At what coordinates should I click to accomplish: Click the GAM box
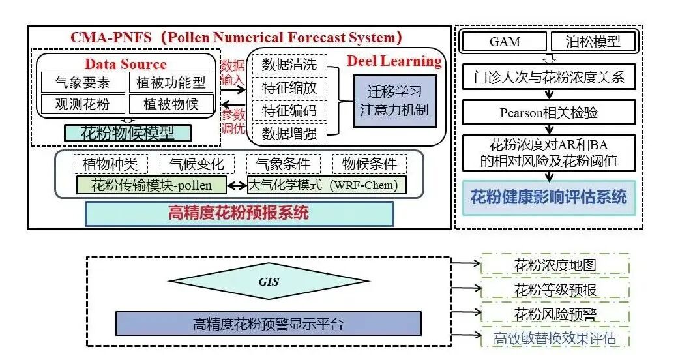[x=505, y=42]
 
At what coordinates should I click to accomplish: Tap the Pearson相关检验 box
[x=548, y=112]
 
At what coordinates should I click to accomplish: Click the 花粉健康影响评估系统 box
[x=548, y=197]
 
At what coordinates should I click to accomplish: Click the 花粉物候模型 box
[x=127, y=133]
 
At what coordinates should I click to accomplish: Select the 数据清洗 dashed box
[x=289, y=64]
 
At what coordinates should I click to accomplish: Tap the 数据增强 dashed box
[x=289, y=134]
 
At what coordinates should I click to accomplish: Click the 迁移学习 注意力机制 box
[x=394, y=100]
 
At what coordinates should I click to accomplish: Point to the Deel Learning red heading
[x=394, y=61]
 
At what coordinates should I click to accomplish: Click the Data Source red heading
[x=125, y=64]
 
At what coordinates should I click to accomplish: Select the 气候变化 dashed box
[x=196, y=164]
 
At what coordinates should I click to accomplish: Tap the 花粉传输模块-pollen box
[x=151, y=185]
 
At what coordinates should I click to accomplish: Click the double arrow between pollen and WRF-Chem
[x=235, y=185]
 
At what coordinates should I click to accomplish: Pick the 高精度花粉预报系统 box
[x=239, y=213]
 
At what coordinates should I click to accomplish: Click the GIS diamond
[x=269, y=282]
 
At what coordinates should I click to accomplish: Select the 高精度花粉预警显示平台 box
[x=268, y=323]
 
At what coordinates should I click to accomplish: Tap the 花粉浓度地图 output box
[x=555, y=265]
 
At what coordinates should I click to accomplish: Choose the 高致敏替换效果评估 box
[x=555, y=338]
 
